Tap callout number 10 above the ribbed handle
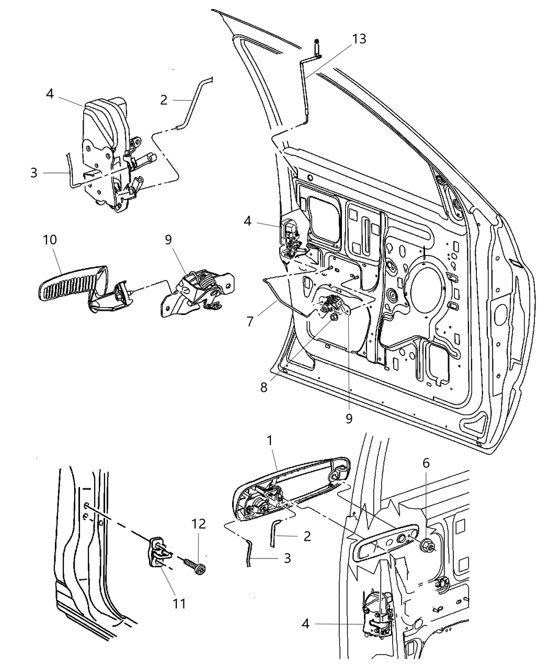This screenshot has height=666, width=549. (51, 240)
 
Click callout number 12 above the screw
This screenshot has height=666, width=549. (199, 524)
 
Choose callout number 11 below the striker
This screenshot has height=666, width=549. (179, 604)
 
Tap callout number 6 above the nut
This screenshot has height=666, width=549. (426, 462)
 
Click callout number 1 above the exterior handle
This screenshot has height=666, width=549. (270, 441)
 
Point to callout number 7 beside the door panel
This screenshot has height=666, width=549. (250, 321)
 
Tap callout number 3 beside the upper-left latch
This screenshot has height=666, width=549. (34, 172)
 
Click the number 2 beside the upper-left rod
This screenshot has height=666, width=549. (164, 100)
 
